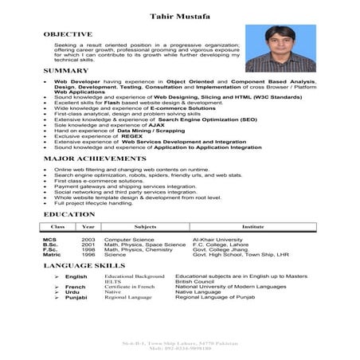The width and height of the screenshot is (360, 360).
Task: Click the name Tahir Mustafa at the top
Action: tap(179, 15)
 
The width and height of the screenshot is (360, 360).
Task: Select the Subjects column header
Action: tap(145, 227)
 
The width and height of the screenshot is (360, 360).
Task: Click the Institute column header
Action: tap(253, 227)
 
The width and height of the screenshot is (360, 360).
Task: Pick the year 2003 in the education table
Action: tap(88, 239)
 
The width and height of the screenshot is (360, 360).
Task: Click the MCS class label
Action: tap(49, 239)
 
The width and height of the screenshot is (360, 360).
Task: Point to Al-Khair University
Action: tap(219, 239)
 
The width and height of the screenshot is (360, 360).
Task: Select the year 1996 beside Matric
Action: tap(88, 255)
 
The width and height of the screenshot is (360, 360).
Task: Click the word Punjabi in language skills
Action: tap(76, 297)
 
